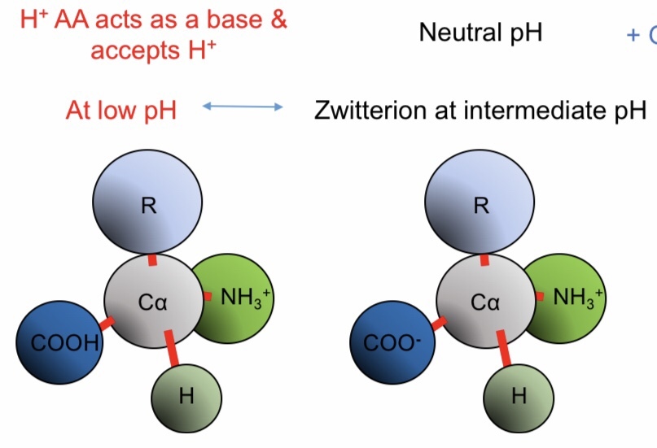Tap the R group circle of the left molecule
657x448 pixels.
[147, 206]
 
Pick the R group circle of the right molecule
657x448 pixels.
[481, 206]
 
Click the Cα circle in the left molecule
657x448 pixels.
[151, 302]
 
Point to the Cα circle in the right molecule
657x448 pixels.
[484, 302]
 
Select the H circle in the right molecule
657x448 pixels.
[519, 397]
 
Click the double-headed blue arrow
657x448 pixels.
[242, 107]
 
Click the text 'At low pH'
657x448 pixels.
[121, 110]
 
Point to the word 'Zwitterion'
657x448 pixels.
[366, 110]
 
